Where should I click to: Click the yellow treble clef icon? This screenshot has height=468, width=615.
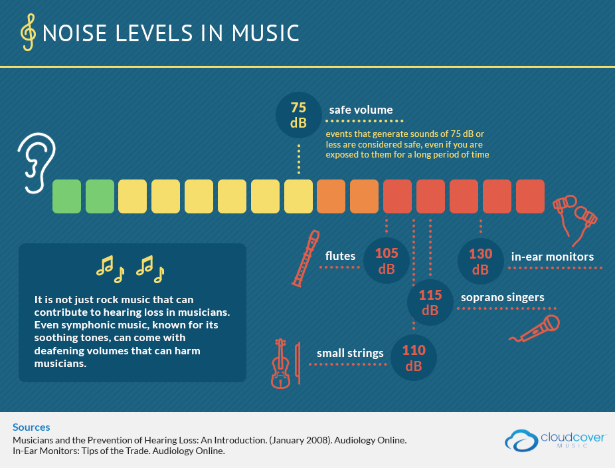pyautogui.click(x=29, y=33)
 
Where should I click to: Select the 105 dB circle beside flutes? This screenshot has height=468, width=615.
pyautogui.click(x=387, y=261)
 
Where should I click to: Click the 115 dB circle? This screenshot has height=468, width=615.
pyautogui.click(x=430, y=302)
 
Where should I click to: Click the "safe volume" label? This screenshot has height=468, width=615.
pyautogui.click(x=361, y=110)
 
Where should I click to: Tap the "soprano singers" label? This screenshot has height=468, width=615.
pyautogui.click(x=502, y=297)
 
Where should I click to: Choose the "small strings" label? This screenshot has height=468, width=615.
pyautogui.click(x=350, y=353)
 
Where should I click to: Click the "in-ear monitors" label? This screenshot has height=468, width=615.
pyautogui.click(x=552, y=256)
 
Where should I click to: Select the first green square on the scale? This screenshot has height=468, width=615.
pyautogui.click(x=67, y=196)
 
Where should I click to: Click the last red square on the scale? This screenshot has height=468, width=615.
pyautogui.click(x=530, y=196)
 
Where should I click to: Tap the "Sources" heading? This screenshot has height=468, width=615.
pyautogui.click(x=31, y=427)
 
